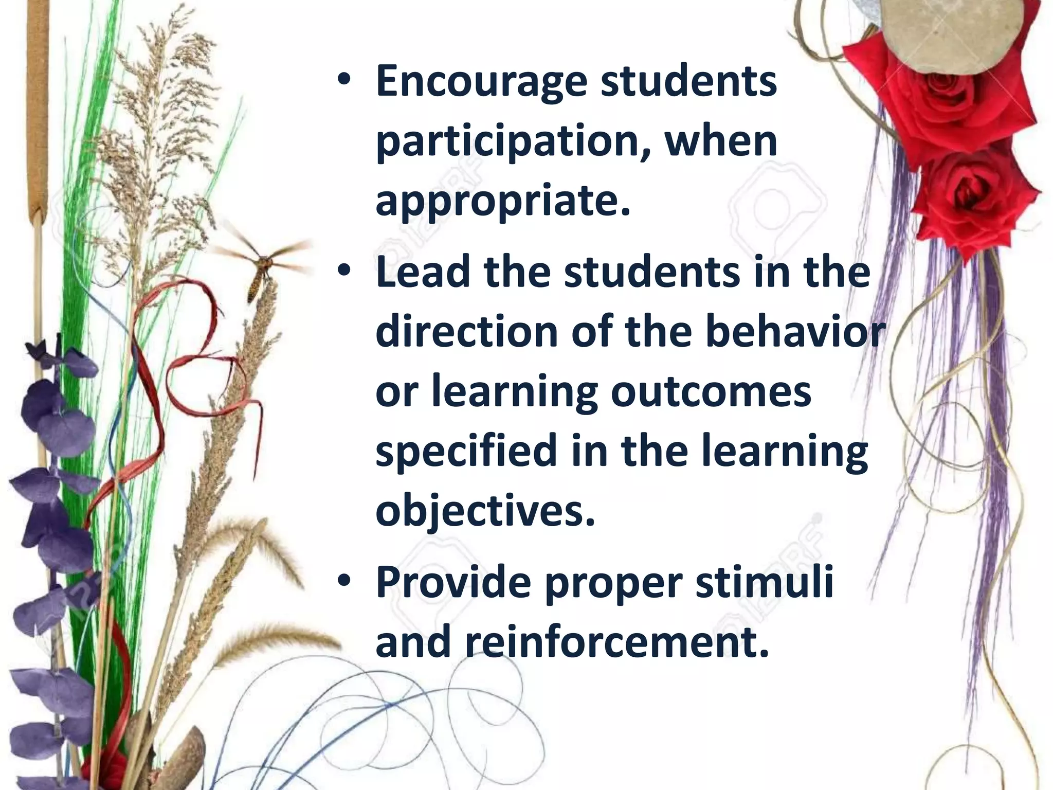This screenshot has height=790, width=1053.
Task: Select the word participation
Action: (x=509, y=142)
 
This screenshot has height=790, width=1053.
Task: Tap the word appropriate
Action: (x=502, y=202)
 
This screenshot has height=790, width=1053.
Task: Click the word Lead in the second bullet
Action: (x=422, y=273)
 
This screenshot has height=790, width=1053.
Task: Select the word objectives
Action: (x=485, y=511)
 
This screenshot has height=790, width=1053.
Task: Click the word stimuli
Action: (x=764, y=583)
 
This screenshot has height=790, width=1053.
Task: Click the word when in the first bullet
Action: (x=720, y=142)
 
